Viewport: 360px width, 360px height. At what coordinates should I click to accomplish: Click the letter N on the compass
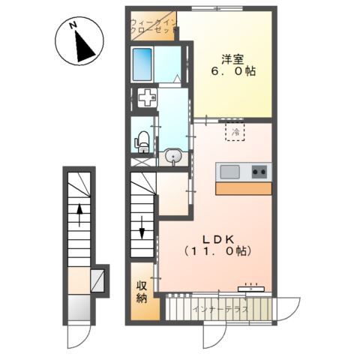[73, 25]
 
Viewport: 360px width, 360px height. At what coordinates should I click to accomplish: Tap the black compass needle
[84, 47]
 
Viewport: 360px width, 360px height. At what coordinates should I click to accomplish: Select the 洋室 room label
[232, 59]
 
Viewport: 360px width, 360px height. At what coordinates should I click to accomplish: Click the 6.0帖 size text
[232, 72]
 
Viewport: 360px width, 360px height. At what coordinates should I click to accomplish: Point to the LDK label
[218, 240]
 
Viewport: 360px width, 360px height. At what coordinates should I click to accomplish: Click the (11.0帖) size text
[217, 251]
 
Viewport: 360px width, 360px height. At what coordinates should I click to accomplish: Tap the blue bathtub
[142, 64]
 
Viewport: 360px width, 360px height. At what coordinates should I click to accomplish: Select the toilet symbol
[142, 142]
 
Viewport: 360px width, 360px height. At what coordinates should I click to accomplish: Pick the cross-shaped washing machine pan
[148, 97]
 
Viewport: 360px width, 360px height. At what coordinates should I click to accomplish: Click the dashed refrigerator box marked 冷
[235, 132]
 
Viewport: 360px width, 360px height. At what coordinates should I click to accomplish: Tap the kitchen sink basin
[230, 172]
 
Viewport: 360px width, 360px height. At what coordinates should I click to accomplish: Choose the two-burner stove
[259, 172]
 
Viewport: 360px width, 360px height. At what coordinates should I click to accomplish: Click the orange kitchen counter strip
[244, 188]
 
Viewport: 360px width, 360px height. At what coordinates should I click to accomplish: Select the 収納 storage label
[142, 292]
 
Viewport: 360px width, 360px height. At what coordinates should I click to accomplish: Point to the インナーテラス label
[220, 309]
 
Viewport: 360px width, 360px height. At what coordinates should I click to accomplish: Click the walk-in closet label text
[153, 26]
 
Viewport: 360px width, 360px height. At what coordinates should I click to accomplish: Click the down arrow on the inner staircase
[142, 227]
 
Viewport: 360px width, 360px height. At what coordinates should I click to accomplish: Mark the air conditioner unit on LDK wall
[251, 289]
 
